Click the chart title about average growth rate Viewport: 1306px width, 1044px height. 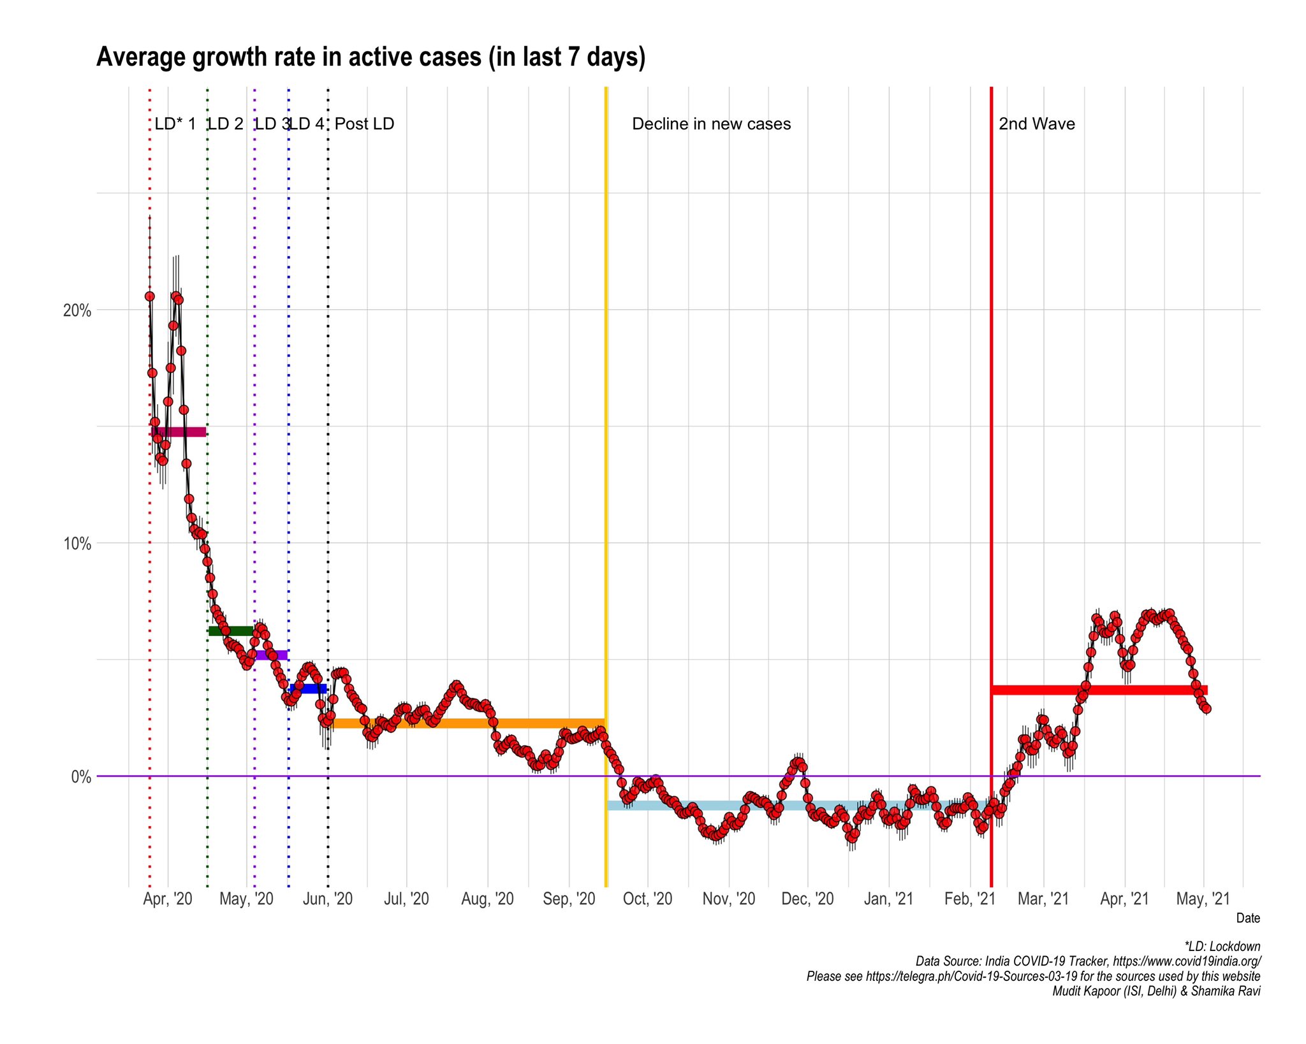pos(371,57)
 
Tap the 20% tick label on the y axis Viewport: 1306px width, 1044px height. pos(77,311)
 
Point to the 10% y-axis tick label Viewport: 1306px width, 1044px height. pos(77,544)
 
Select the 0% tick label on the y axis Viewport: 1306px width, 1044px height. pos(80,777)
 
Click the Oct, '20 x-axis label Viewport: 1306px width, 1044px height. pos(647,899)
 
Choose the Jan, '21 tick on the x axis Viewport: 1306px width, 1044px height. pos(888,899)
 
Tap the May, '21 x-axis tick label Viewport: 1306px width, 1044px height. pos(1203,899)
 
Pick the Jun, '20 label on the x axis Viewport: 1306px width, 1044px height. pos(327,899)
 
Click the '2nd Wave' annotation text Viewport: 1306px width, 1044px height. pos(1036,124)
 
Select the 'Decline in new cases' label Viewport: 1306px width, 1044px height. pos(711,124)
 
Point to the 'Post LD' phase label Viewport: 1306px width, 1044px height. pos(364,124)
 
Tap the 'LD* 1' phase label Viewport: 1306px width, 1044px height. pos(175,124)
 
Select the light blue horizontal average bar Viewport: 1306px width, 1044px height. pos(797,805)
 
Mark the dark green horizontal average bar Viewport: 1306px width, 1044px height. pos(230,631)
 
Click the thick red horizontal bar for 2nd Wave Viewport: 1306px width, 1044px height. pos(1099,690)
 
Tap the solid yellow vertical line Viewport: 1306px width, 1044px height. pos(606,446)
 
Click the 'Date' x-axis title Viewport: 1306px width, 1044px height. pos(1247,918)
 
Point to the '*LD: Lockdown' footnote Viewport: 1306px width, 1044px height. pos(1222,946)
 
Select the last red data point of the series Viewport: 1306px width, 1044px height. pos(1206,709)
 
